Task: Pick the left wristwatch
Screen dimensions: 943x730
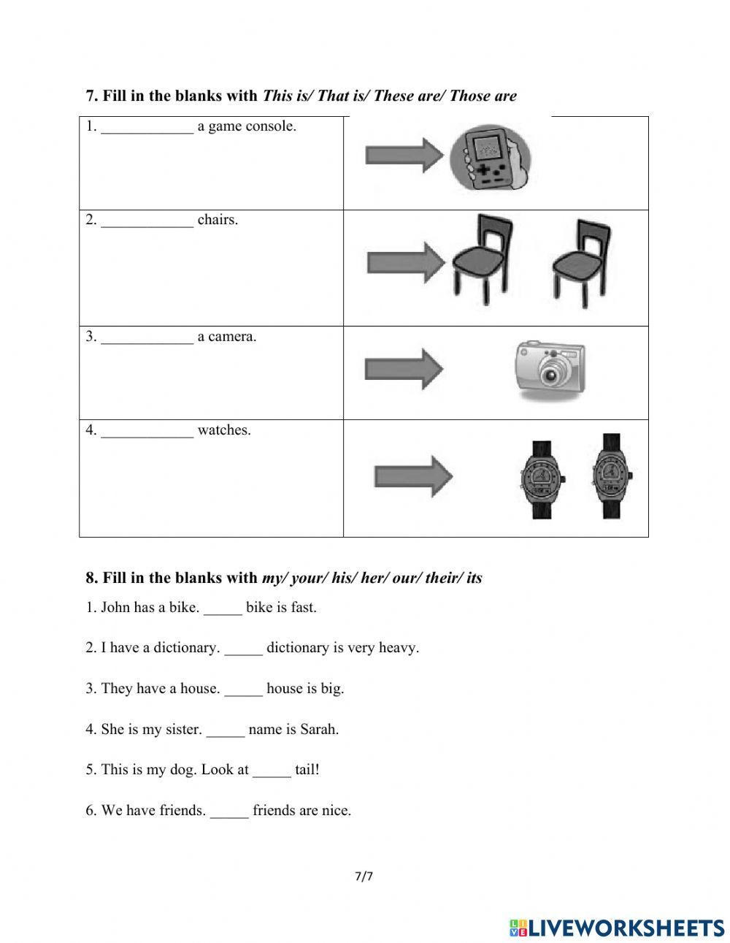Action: tap(542, 479)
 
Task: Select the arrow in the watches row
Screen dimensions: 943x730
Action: tap(413, 477)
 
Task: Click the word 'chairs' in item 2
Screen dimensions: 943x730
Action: tap(218, 220)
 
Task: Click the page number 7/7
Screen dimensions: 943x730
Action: tap(364, 877)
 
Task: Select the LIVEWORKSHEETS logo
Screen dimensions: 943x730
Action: tap(617, 928)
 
